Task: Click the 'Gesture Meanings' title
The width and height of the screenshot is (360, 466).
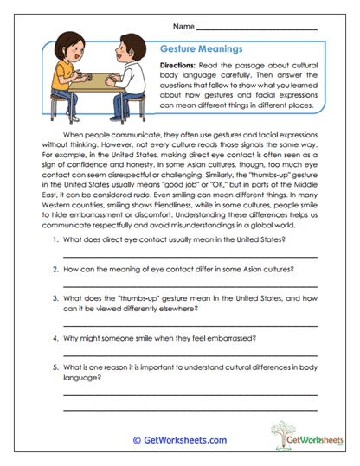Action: pos(200,49)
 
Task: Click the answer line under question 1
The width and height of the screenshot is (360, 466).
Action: pos(190,257)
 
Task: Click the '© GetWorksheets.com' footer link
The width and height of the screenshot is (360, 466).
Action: pos(179,440)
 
